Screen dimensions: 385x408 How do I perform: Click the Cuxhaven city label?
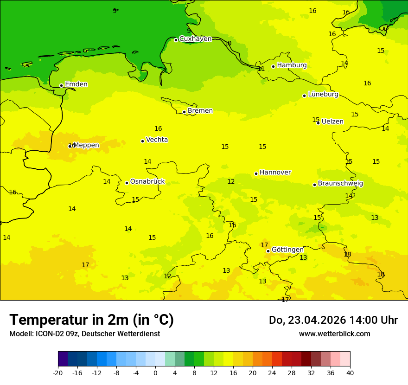(195, 39)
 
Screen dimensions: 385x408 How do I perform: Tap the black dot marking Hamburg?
(274, 66)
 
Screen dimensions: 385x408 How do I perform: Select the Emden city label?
(76, 84)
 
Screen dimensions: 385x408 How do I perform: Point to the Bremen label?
(200, 111)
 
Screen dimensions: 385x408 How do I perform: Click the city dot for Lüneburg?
(304, 96)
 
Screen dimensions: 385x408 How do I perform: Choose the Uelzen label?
(332, 122)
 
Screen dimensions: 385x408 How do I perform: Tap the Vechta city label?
(157, 140)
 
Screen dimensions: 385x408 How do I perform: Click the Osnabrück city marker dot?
(127, 183)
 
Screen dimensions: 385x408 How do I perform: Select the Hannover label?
(275, 173)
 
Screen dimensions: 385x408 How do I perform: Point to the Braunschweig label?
(340, 184)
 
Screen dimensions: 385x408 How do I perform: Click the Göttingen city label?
(287, 250)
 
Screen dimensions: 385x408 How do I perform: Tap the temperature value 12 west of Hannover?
(231, 182)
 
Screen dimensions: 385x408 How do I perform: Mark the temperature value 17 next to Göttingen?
(264, 245)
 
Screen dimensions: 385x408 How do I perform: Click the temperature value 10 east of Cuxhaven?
(228, 44)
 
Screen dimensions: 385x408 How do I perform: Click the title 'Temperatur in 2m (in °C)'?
(91, 320)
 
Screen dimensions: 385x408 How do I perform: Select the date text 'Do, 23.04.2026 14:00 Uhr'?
(333, 321)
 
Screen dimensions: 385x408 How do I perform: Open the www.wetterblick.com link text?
(334, 334)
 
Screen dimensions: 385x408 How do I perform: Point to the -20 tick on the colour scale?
(58, 373)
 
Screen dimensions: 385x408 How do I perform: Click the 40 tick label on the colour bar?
(350, 373)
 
